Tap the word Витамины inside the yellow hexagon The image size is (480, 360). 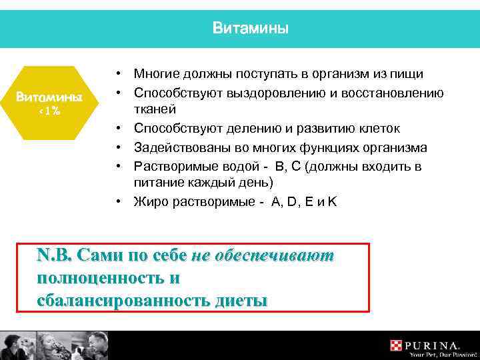(50, 97)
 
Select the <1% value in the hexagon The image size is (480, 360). (50, 111)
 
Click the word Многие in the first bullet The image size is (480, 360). (157, 74)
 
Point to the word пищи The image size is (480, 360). (411, 74)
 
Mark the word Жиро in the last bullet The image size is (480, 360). (149, 201)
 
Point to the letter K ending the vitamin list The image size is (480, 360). (332, 201)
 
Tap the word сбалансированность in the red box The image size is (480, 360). (125, 300)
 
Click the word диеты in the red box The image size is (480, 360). (241, 300)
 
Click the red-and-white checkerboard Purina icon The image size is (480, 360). (397, 345)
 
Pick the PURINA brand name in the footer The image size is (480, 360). (433, 345)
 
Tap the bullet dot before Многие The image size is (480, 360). (117, 74)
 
